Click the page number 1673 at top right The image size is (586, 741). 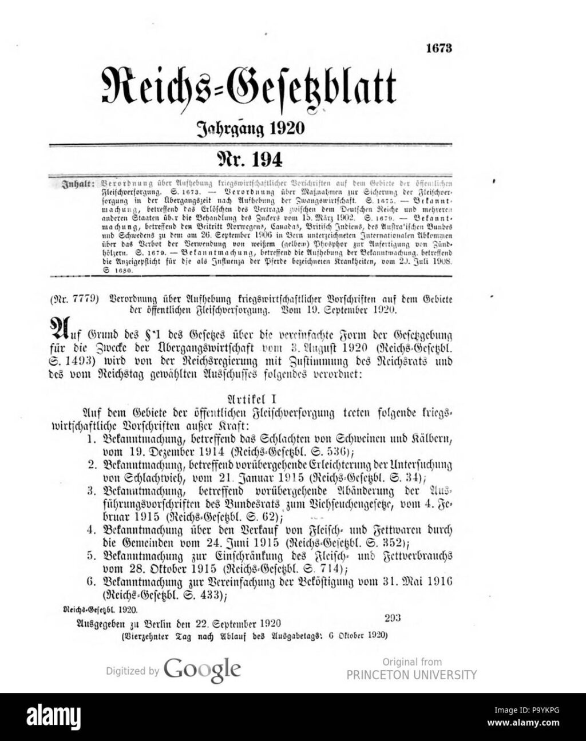(x=439, y=49)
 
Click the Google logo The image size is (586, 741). (x=202, y=668)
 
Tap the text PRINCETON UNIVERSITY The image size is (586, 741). (x=411, y=675)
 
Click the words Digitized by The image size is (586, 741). (x=132, y=671)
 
